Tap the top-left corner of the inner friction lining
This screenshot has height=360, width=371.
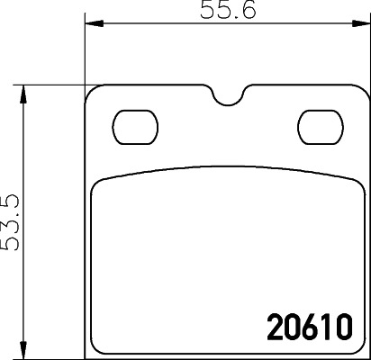tap(96, 182)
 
